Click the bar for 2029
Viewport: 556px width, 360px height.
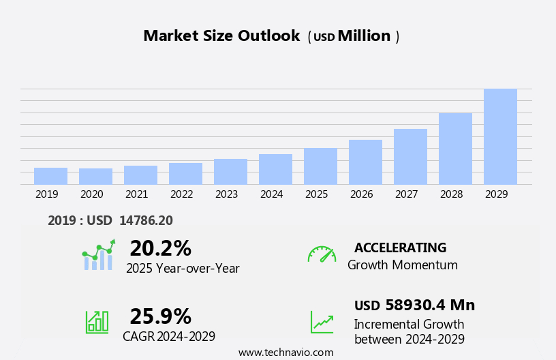[500, 136]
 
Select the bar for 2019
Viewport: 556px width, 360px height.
[50, 176]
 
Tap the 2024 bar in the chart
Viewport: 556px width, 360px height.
[275, 169]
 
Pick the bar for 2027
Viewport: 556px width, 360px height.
[410, 156]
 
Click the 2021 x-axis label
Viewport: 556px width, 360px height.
[136, 194]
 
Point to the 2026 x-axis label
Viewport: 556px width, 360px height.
[361, 194]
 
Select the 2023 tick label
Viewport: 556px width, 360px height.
[226, 194]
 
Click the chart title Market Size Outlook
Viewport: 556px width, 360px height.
[221, 36]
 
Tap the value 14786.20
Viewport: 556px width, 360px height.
[146, 221]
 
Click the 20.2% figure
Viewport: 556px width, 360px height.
[160, 248]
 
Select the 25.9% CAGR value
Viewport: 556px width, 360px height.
[160, 316]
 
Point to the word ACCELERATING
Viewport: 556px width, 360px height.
[400, 248]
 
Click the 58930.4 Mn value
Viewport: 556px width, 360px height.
[430, 305]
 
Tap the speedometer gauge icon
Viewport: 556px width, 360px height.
[322, 254]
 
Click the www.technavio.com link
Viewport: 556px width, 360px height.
[285, 352]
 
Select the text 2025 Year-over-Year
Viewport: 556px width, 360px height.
[183, 269]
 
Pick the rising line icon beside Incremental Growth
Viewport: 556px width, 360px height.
[322, 321]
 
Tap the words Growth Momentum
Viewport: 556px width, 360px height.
[402, 265]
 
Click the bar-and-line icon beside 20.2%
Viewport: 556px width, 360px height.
[98, 255]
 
